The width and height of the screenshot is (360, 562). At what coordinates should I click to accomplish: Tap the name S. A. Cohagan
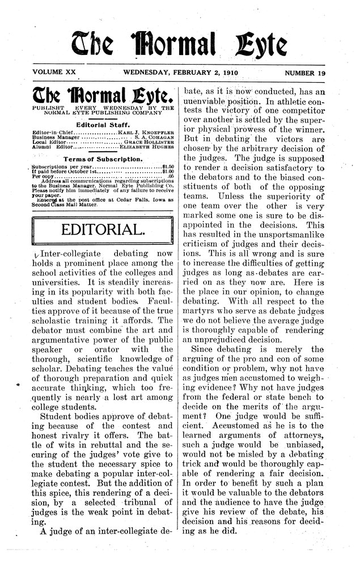(156, 137)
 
